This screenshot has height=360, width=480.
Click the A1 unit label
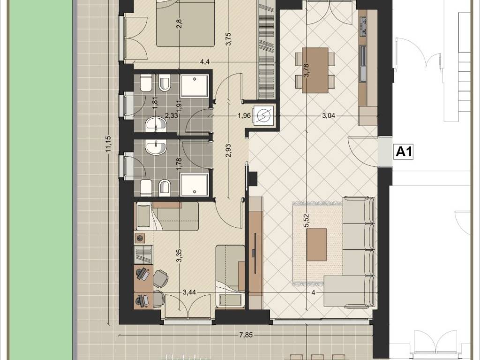[x=404, y=151]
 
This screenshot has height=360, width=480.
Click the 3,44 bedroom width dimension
[x=189, y=292]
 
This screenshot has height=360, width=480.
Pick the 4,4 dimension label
[x=205, y=62]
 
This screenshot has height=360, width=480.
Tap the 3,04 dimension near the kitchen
[x=329, y=116]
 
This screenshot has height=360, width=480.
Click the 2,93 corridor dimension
[x=228, y=150]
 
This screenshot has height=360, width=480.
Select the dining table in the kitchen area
[x=315, y=70]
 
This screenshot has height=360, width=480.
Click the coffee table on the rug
[x=316, y=244]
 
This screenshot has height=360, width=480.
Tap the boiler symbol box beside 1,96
[x=262, y=115]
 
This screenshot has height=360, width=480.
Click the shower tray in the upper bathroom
[x=195, y=86]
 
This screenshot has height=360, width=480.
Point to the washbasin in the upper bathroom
[x=156, y=124]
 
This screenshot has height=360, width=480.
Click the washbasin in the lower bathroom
[x=156, y=148]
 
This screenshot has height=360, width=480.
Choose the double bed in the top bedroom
[x=185, y=23]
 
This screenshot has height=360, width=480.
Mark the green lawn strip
[x=41, y=180]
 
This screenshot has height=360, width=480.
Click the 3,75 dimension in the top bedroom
[x=228, y=39]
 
